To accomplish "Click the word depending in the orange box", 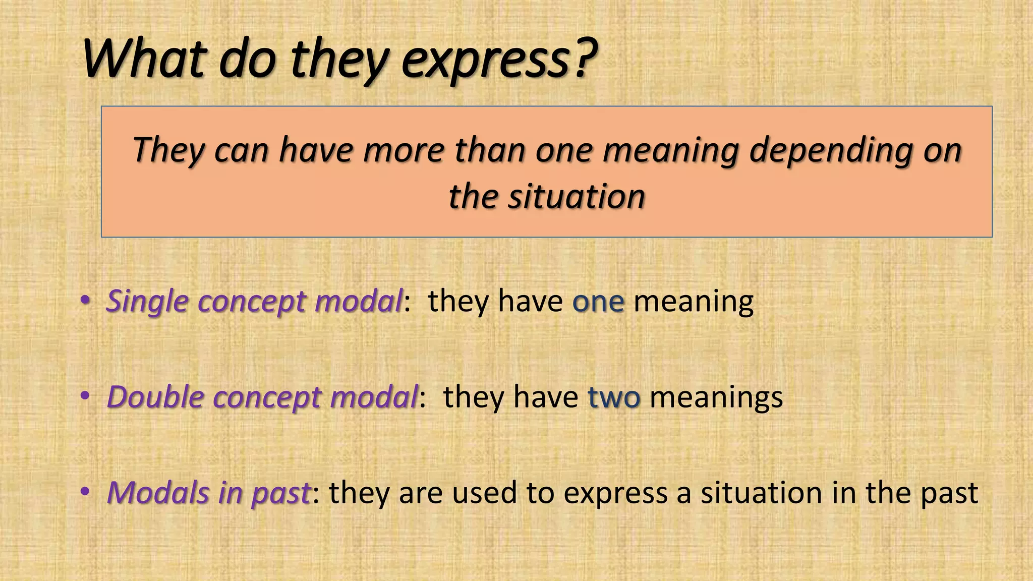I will [x=831, y=151].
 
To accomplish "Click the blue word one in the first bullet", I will [x=598, y=302].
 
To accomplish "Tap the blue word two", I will [x=614, y=397].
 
